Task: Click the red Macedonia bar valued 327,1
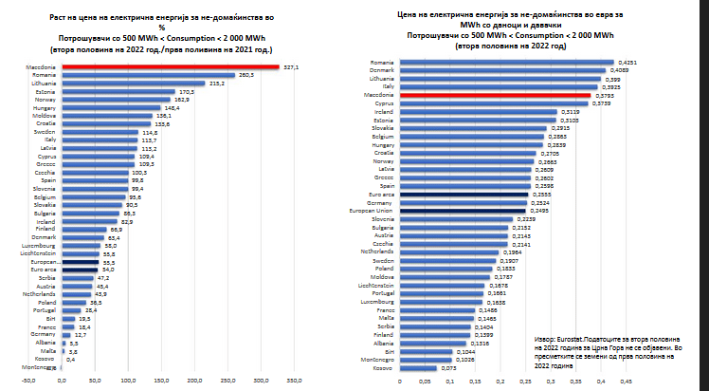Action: pyautogui.click(x=171, y=67)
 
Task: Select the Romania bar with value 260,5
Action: pyautogui.click(x=148, y=75)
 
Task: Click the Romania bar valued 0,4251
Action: pyautogui.click(x=505, y=62)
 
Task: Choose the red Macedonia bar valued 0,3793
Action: pyautogui.click(x=494, y=95)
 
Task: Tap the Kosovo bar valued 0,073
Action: pyautogui.click(x=418, y=367)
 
